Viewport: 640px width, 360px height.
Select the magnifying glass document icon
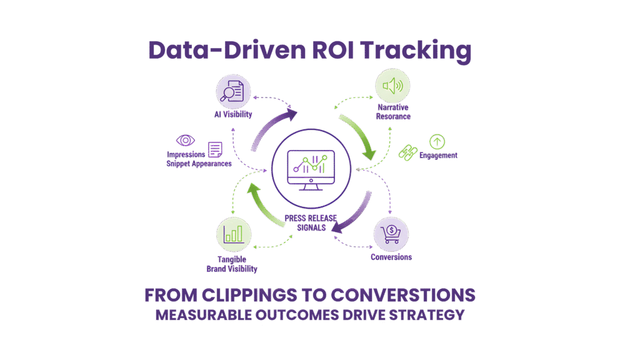(232, 91)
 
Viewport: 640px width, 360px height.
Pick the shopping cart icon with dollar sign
(391, 234)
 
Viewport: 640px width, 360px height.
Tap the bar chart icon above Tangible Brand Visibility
(234, 234)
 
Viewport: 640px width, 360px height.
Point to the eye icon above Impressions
(186, 141)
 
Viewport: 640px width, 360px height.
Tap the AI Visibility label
(232, 114)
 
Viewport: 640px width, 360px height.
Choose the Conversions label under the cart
(391, 257)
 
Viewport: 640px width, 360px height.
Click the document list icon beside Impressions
(214, 149)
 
